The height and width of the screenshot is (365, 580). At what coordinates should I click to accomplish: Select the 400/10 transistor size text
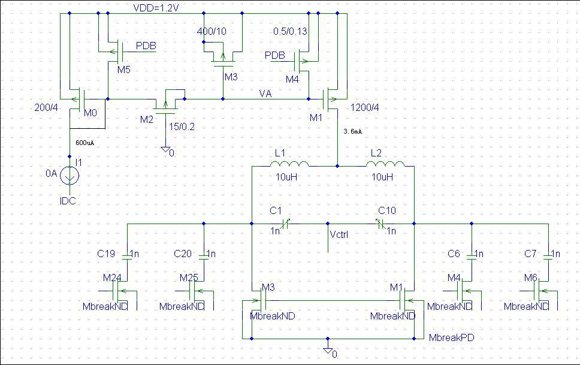click(212, 31)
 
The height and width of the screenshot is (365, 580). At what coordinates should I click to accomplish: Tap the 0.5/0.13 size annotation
click(290, 31)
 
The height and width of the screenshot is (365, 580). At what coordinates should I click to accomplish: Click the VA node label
click(265, 93)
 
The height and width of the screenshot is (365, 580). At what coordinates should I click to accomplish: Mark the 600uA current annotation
click(84, 143)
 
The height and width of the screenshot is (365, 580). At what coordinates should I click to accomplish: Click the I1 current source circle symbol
click(70, 175)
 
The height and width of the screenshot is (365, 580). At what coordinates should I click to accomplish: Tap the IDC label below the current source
click(68, 201)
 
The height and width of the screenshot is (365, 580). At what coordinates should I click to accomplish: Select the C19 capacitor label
click(106, 254)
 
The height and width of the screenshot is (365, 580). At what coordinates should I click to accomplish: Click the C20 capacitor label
click(183, 254)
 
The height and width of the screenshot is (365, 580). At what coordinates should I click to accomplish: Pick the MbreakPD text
click(452, 338)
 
